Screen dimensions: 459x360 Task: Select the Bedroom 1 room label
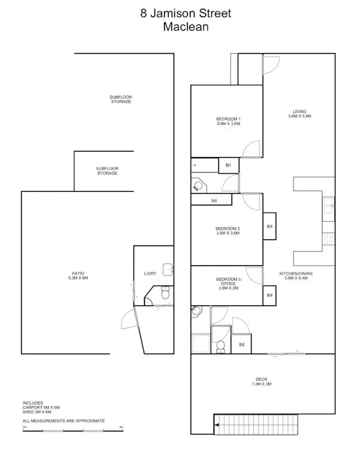[229, 121]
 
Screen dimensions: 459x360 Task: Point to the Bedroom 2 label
[228, 230]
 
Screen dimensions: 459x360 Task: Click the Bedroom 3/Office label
[228, 284]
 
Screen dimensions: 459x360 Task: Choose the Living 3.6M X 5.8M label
[299, 114]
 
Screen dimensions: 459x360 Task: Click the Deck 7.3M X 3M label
[263, 381]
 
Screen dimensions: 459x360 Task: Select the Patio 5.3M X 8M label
[78, 275]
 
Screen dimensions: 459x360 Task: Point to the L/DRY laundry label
[150, 273]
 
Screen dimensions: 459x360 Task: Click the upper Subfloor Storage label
[120, 99]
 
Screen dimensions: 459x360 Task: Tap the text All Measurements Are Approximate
[63, 421]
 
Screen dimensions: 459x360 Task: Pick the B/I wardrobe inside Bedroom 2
[269, 227]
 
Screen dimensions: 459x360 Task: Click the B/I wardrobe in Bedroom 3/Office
[269, 295]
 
